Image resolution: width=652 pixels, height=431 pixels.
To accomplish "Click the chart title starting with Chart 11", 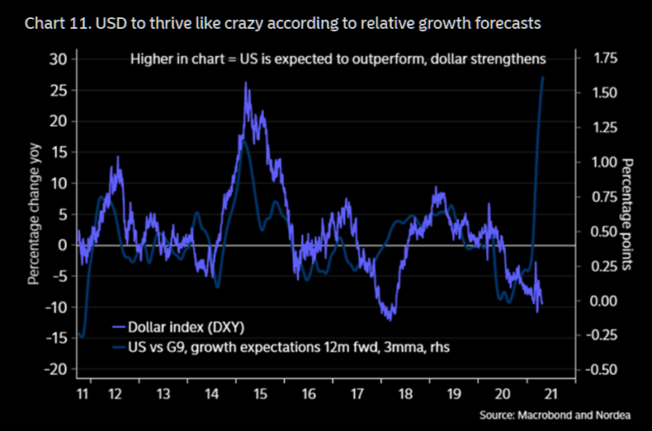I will (x=283, y=23).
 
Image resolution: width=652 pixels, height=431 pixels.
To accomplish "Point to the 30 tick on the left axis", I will (x=56, y=59).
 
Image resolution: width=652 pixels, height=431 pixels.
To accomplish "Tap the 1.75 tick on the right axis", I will (x=607, y=59).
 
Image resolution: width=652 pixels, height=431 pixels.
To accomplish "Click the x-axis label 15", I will (x=261, y=395).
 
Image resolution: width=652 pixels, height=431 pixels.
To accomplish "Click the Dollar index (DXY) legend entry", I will (x=185, y=326).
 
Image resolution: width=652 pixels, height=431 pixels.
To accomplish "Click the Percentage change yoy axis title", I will (x=34, y=213).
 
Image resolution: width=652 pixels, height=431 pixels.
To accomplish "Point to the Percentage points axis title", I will (x=626, y=213).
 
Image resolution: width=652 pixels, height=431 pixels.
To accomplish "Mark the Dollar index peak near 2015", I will (x=247, y=83).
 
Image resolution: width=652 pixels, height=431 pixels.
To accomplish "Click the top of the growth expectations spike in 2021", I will (x=542, y=77).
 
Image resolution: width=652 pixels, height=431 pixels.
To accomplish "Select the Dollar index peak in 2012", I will (x=118, y=157).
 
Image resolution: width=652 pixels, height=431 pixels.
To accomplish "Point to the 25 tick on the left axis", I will (x=56, y=90).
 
